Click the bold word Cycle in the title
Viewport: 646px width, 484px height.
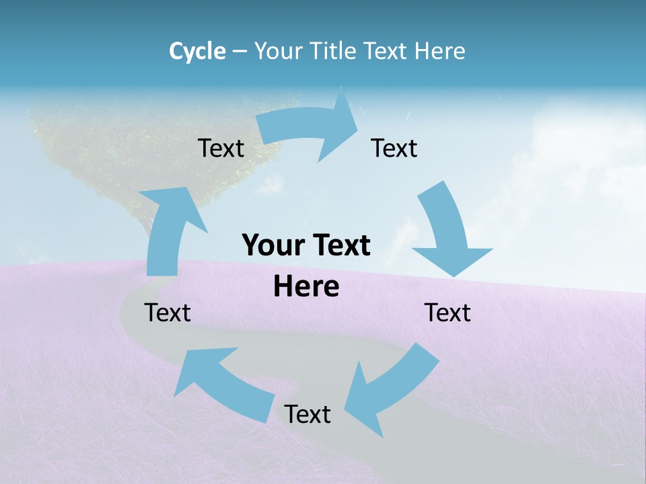[x=197, y=50]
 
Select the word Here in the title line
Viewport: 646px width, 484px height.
[x=440, y=50]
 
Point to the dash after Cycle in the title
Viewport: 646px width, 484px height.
[x=239, y=51]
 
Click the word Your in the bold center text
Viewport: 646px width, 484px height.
[x=273, y=245]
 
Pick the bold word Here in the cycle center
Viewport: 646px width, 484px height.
[x=306, y=287]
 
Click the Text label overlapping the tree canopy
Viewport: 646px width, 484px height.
[x=221, y=148]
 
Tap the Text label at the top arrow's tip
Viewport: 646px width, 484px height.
[x=394, y=148]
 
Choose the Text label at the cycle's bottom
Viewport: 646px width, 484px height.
[x=308, y=414]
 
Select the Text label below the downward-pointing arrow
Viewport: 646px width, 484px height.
[x=447, y=313]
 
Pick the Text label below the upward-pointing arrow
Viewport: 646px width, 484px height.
[x=168, y=313]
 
